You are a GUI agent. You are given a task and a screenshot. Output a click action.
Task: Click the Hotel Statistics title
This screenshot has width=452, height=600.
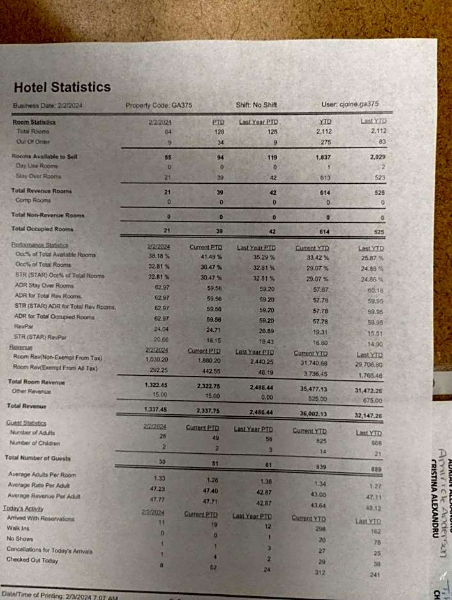(62, 87)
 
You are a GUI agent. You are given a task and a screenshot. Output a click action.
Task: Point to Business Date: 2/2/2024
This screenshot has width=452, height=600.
(48, 106)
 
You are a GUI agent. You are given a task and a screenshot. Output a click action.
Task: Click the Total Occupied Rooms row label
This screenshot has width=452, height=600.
(42, 229)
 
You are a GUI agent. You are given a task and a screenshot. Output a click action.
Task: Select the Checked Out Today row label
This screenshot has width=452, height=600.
(32, 560)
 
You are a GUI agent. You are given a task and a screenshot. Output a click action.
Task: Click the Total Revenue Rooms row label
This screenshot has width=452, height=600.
(41, 190)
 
